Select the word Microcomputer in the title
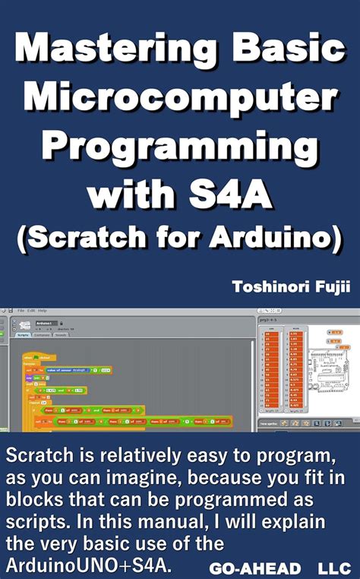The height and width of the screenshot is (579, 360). [180, 99]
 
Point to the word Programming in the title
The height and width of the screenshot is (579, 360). [180, 147]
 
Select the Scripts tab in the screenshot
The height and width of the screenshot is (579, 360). [23, 334]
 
